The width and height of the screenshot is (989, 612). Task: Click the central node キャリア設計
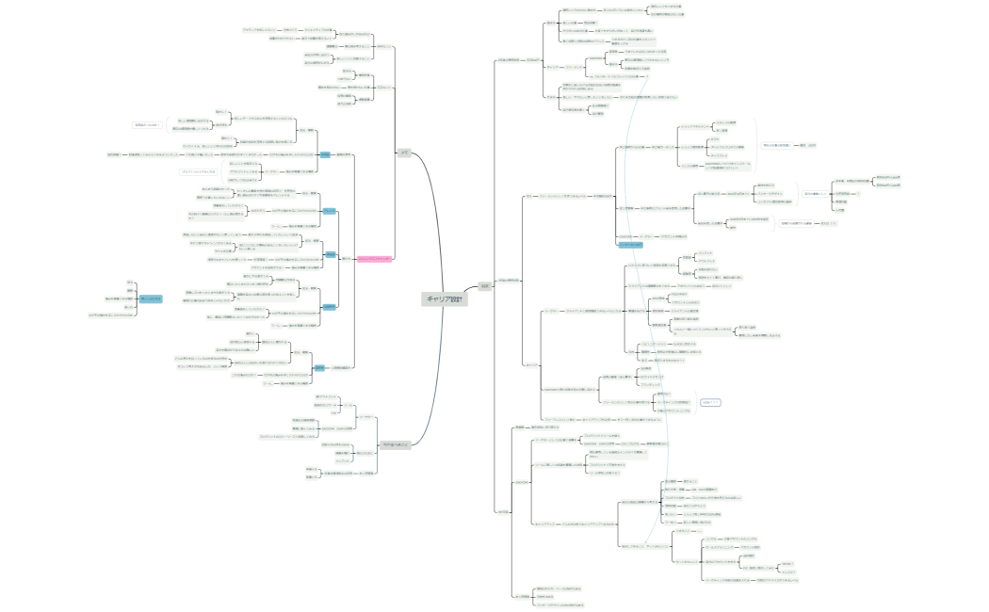(444, 298)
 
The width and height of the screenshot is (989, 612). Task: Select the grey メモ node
(404, 153)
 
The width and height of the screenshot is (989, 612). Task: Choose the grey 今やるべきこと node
(395, 444)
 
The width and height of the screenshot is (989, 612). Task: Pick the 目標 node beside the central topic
(484, 286)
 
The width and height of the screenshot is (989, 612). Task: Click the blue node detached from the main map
(151, 298)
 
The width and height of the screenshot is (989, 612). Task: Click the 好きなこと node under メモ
(383, 46)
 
